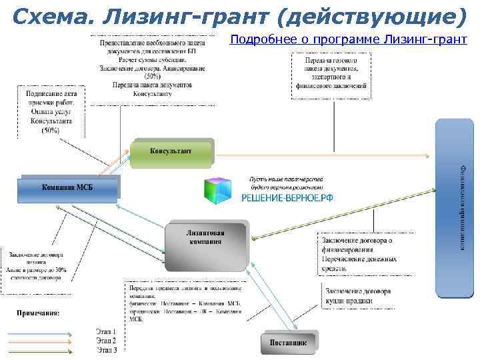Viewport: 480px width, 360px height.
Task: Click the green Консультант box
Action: (172, 152)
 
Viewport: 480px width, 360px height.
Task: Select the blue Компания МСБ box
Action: (69, 188)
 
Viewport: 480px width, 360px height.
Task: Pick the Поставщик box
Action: (289, 342)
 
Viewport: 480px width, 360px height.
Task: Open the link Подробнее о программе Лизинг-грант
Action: (349, 39)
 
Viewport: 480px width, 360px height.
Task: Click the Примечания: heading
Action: (38, 313)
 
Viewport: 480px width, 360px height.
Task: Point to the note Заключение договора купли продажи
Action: (358, 297)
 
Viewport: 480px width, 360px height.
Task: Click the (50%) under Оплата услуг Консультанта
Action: (51, 131)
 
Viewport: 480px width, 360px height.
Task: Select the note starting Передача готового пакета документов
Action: (329, 73)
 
